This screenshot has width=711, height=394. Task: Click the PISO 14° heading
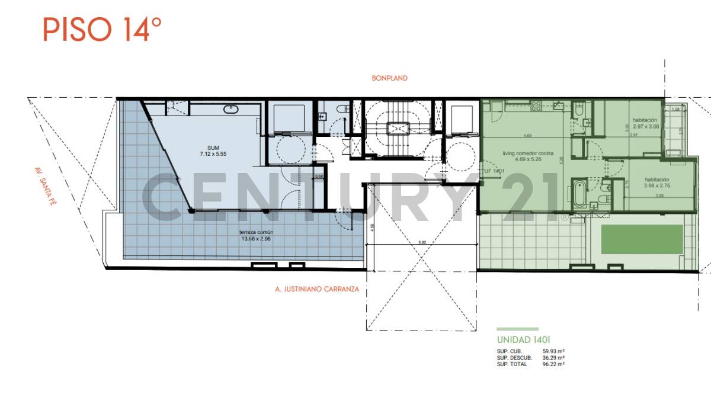(102, 29)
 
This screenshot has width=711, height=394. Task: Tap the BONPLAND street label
(389, 78)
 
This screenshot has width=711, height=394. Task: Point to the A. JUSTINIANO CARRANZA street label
(316, 289)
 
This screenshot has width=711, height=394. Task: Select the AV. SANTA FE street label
(48, 185)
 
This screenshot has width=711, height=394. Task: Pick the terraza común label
(255, 235)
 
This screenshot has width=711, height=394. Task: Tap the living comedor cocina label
(528, 156)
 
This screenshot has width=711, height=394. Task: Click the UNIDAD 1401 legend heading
(524, 339)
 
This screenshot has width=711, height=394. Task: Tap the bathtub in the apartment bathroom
(579, 194)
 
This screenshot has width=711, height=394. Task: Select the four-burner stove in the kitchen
(536, 107)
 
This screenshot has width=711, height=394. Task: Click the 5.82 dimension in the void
(421, 242)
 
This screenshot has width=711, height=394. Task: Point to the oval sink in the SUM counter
(230, 109)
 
